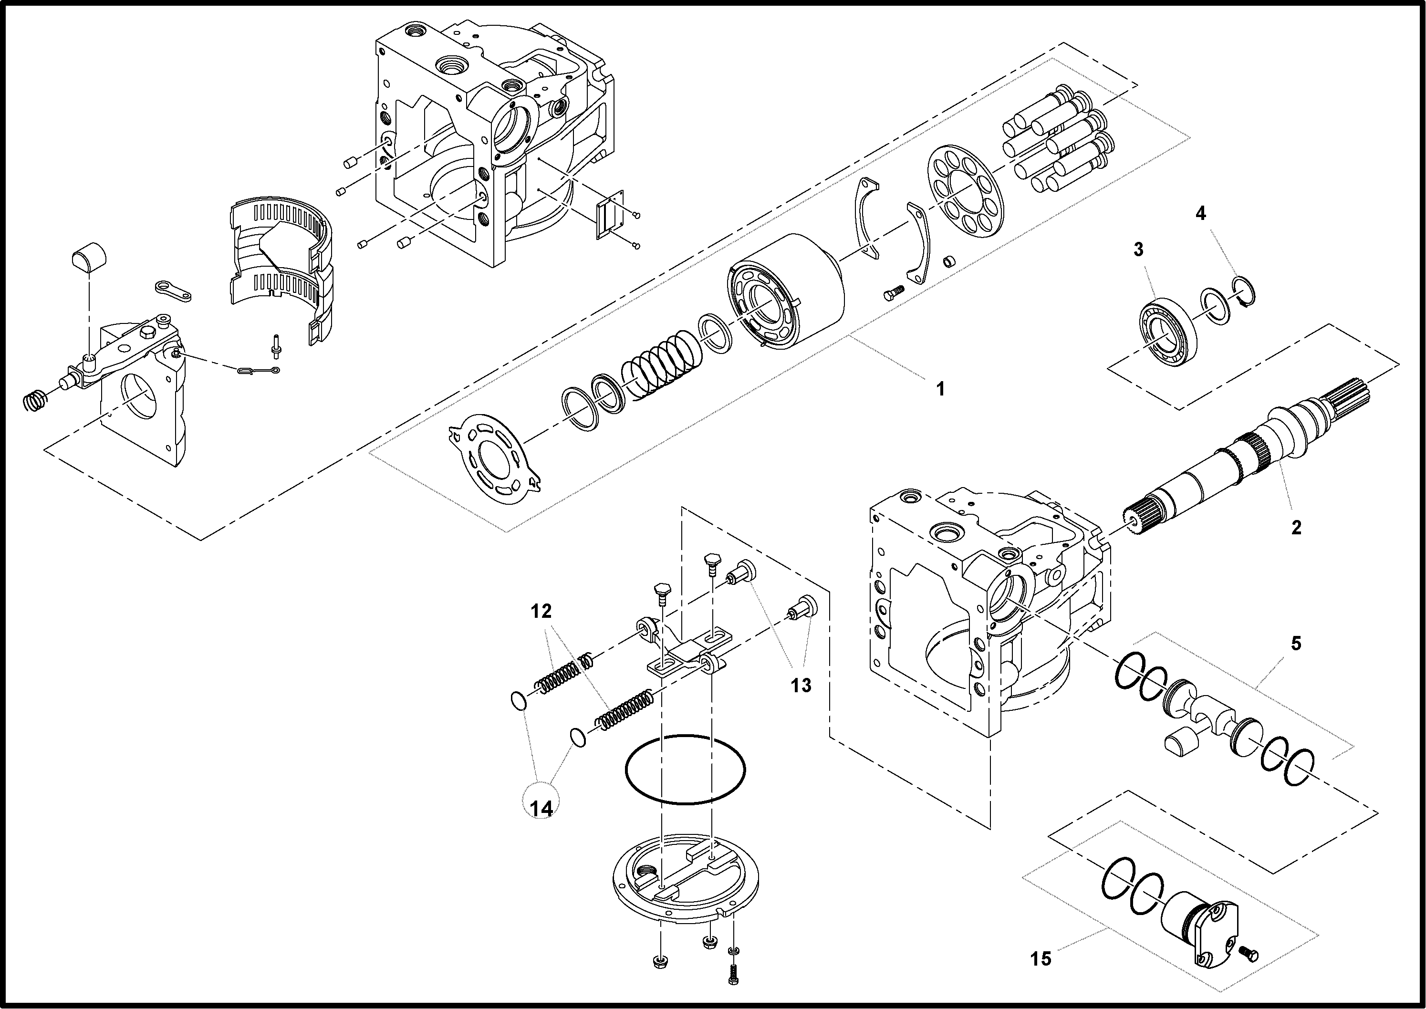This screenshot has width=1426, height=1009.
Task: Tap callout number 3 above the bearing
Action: pos(1138,250)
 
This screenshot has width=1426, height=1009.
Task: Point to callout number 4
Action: pos(1200,214)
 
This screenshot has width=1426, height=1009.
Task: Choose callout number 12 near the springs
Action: pos(541,612)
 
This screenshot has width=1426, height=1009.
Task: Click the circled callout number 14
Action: pos(541,808)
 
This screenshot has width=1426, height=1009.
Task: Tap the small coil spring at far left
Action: pos(35,401)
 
